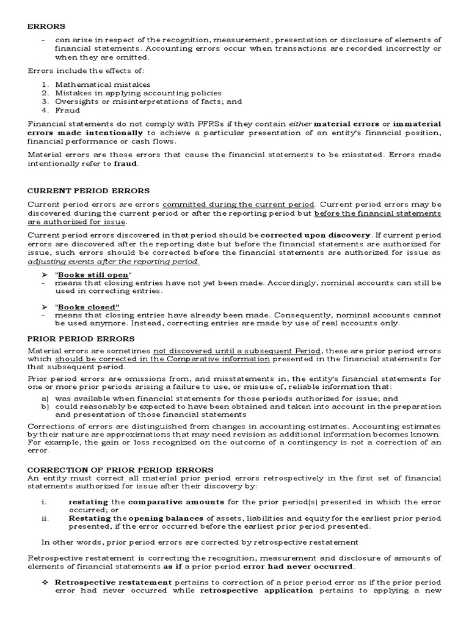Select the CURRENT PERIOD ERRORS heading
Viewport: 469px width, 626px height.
[88, 191]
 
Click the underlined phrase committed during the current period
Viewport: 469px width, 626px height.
[238, 204]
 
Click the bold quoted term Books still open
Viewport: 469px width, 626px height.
[92, 274]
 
